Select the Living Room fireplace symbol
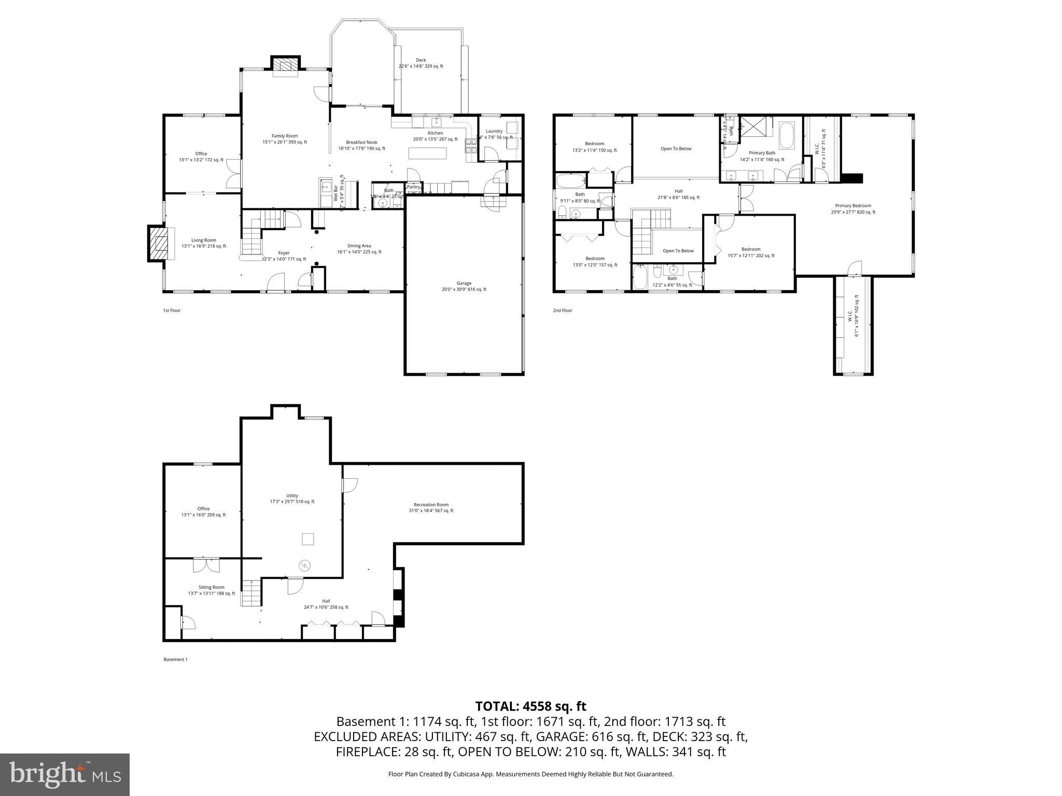pyautogui.click(x=159, y=243)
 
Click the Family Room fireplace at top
pyautogui.click(x=285, y=64)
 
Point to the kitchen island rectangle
pyautogui.click(x=427, y=153)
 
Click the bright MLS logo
pyautogui.click(x=65, y=774)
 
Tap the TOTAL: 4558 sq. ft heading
pyautogui.click(x=530, y=706)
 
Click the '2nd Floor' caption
pyautogui.click(x=562, y=310)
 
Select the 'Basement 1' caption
pyautogui.click(x=175, y=659)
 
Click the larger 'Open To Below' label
pyautogui.click(x=676, y=149)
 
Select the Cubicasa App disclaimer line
pyautogui.click(x=530, y=774)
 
